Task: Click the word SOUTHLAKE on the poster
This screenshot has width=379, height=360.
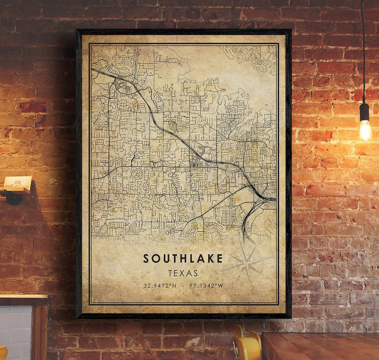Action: [x=183, y=258]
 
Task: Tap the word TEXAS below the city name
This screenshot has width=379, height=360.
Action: [x=183, y=273]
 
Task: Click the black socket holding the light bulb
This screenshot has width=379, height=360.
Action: [x=364, y=112]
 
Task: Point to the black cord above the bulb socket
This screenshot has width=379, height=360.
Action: [x=363, y=53]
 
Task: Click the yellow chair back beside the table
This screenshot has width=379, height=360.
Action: [x=247, y=344]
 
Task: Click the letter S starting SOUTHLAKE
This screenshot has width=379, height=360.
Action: [x=146, y=258]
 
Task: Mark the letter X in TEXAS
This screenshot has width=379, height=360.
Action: [x=183, y=273]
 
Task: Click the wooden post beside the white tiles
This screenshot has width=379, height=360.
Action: [x=41, y=330]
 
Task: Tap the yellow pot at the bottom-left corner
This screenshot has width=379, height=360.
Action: [x=3, y=353]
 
